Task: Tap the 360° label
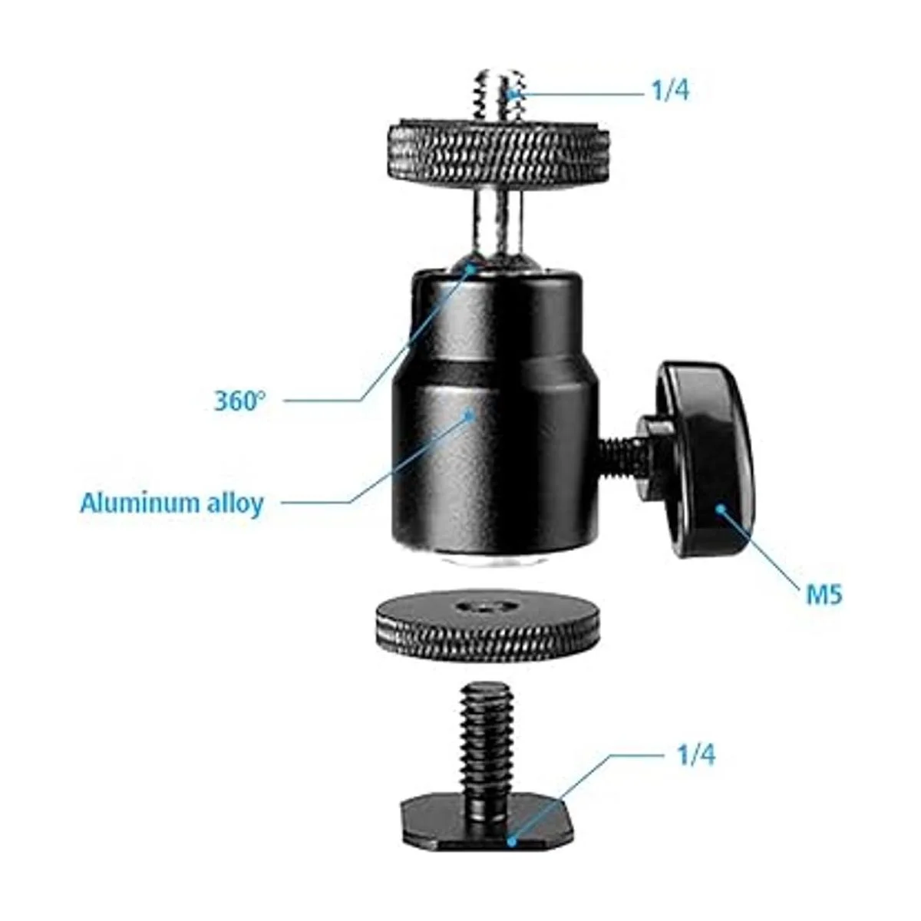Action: [239, 400]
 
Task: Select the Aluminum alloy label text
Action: [172, 503]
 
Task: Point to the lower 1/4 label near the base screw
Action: [696, 756]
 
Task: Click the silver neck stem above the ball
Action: [498, 226]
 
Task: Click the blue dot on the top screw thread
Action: [513, 94]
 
